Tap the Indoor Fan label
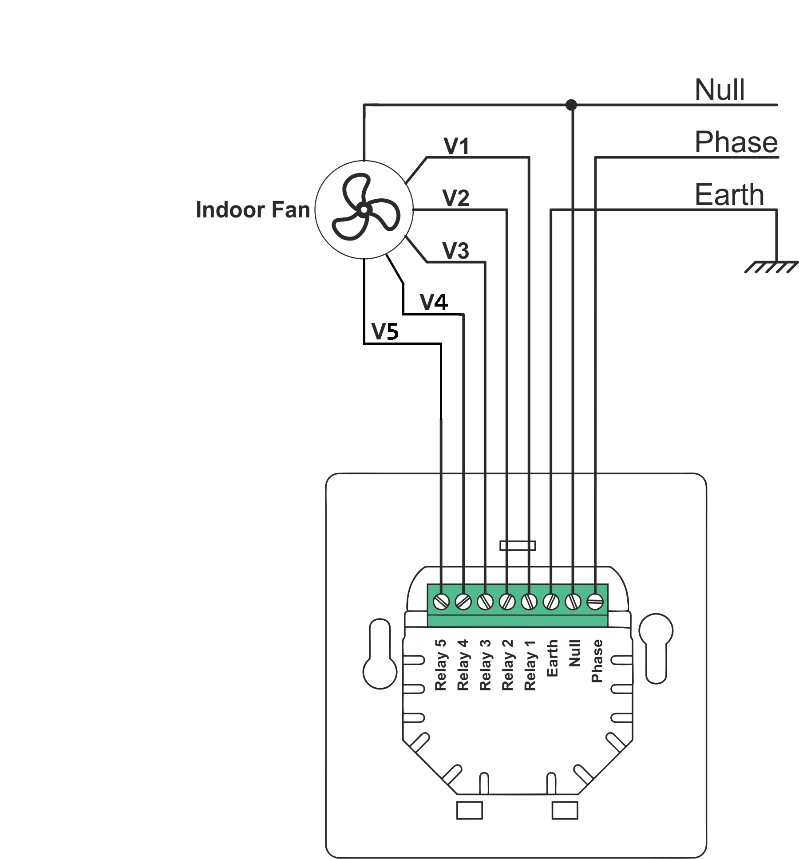tap(253, 209)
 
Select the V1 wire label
tap(456, 146)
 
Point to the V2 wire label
tap(456, 198)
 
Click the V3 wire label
tap(456, 251)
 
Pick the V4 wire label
tap(434, 302)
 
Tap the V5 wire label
tap(385, 331)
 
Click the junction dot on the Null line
tap(571, 105)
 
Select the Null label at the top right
tap(720, 90)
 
